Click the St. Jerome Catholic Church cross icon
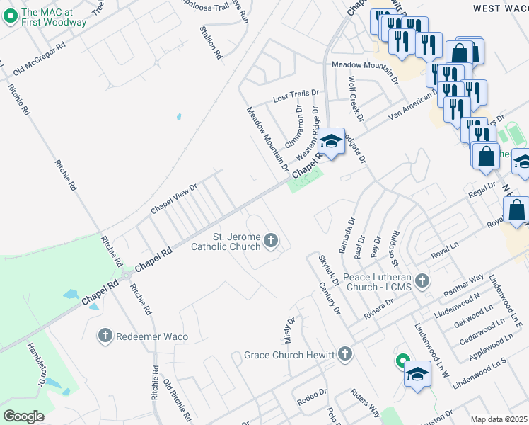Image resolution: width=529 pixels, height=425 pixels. pyautogui.click(x=270, y=242)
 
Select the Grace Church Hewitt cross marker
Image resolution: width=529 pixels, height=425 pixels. pyautogui.click(x=344, y=353)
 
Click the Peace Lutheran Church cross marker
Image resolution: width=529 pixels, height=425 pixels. pyautogui.click(x=422, y=281)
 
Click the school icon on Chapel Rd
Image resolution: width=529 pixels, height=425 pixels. pyautogui.click(x=330, y=141)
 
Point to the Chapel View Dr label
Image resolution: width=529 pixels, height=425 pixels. pyautogui.click(x=173, y=199)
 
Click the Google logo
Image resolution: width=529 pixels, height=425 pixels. pyautogui.click(x=23, y=416)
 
